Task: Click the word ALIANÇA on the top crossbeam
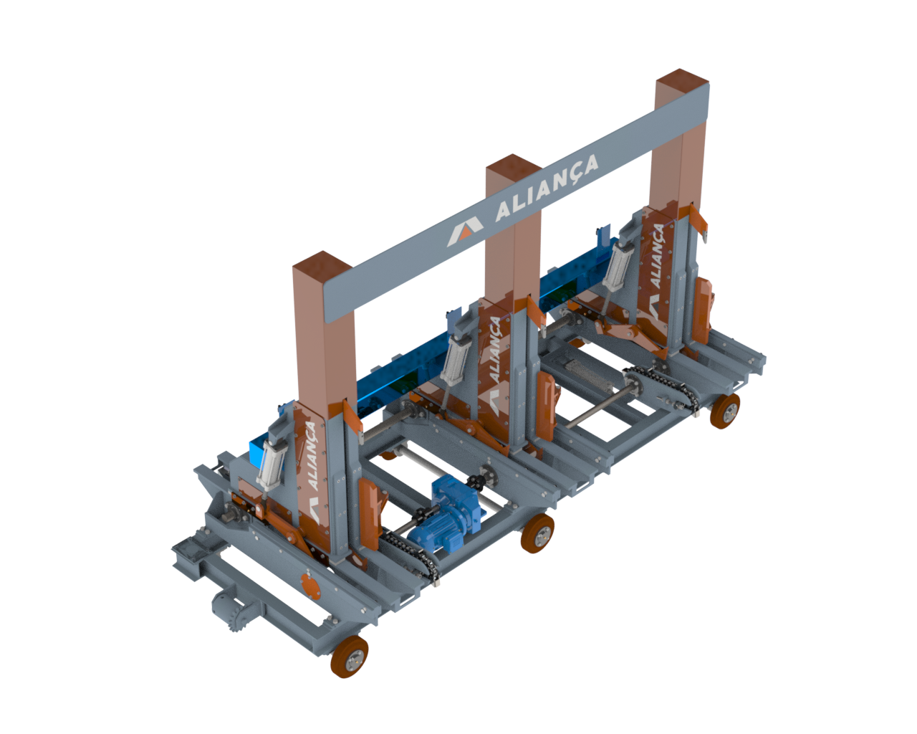pos(547,188)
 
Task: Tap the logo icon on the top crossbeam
pos(465,232)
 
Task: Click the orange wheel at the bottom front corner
pos(350,657)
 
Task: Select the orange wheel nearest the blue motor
pos(537,533)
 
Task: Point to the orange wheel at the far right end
pos(725,411)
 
